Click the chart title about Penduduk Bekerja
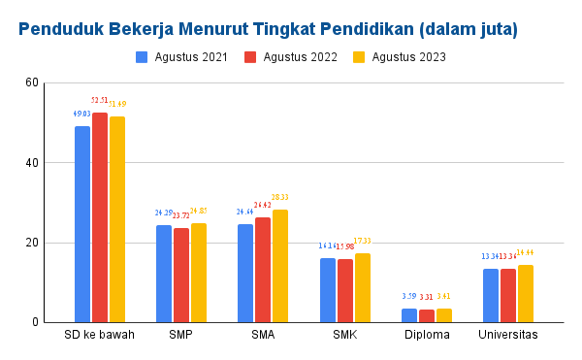pyautogui.click(x=268, y=29)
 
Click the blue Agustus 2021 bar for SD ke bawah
pyautogui.click(x=82, y=223)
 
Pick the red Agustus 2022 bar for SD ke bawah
pyautogui.click(x=100, y=217)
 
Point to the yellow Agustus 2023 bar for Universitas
pyautogui.click(x=526, y=293)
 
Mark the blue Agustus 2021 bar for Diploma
pyautogui.click(x=409, y=315)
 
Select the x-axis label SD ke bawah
pyautogui.click(x=100, y=336)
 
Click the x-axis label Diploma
pyautogui.click(x=427, y=336)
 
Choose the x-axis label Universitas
pyautogui.click(x=508, y=336)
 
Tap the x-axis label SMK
pyautogui.click(x=345, y=336)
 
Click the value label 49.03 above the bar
pyautogui.click(x=81, y=115)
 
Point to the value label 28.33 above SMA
pyautogui.click(x=280, y=197)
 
